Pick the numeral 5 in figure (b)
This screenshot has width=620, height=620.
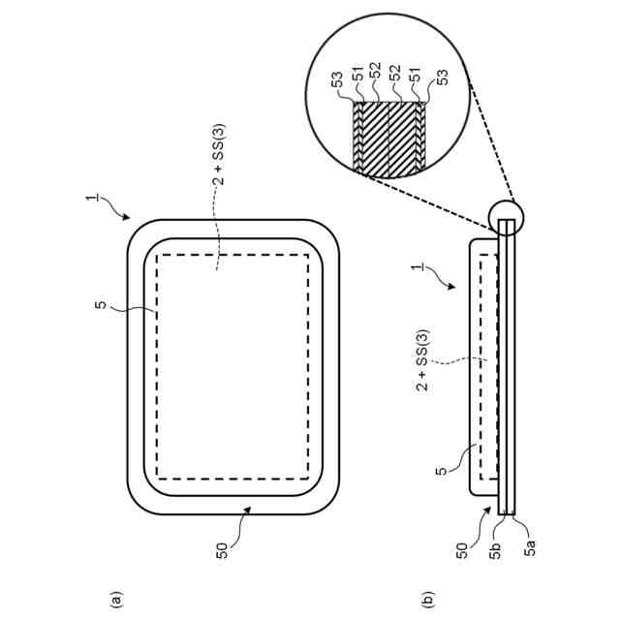(441, 471)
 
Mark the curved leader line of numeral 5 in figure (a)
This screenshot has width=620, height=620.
(131, 310)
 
